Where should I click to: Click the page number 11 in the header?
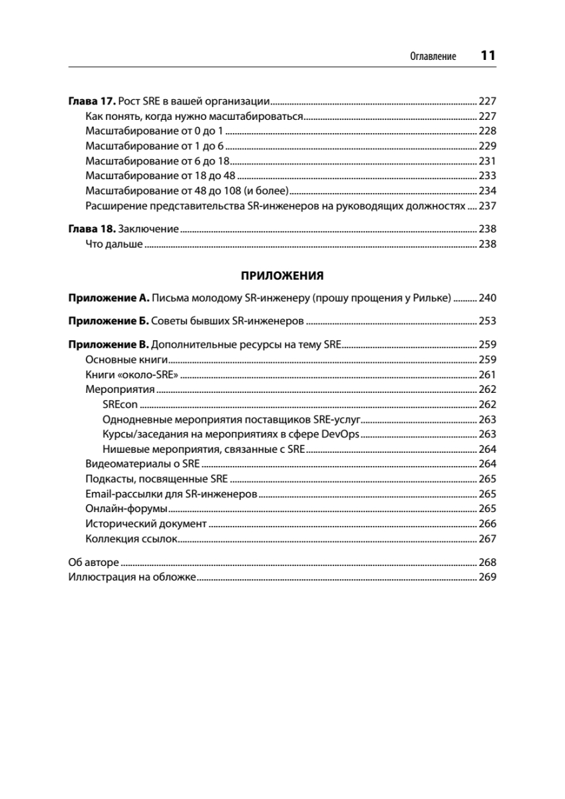point(488,56)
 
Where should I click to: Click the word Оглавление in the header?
point(433,57)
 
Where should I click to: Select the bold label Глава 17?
point(92,102)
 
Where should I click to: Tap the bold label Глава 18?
point(92,229)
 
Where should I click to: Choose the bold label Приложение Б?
point(108,321)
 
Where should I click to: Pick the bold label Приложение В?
point(108,345)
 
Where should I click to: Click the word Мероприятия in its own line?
point(120,390)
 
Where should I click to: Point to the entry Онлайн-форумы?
point(126,509)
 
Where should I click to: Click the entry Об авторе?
point(94,562)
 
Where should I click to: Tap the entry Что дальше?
point(114,244)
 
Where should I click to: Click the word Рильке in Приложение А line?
point(435,298)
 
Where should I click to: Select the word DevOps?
point(340,434)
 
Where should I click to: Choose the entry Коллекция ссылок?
point(131,539)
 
